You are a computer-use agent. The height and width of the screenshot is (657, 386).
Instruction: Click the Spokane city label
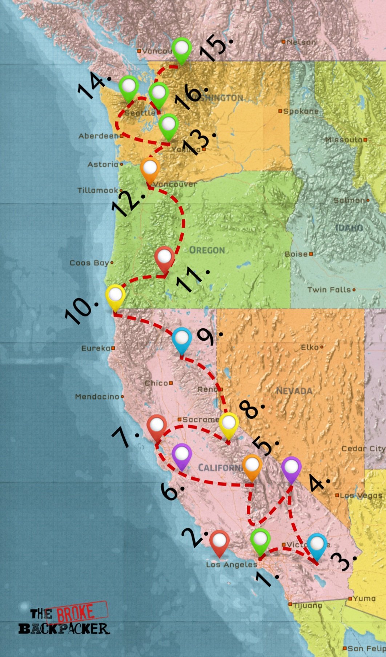pyautogui.click(x=301, y=111)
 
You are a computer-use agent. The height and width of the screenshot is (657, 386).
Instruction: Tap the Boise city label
pyautogui.click(x=296, y=254)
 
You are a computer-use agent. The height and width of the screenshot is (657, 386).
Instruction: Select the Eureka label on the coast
pyautogui.click(x=96, y=348)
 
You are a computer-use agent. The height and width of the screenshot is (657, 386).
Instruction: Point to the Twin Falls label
pyautogui.click(x=329, y=290)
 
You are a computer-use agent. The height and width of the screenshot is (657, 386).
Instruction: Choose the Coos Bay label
pyautogui.click(x=89, y=263)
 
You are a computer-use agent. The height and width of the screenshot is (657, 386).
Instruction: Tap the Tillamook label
pyautogui.click(x=98, y=190)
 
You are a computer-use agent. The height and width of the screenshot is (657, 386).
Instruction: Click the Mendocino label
pyautogui.click(x=97, y=397)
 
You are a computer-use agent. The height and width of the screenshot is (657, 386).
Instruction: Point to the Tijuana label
pyautogui.click(x=307, y=605)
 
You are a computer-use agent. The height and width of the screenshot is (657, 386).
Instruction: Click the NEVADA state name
pyautogui.click(x=294, y=391)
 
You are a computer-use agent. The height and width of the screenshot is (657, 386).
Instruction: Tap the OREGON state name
pyautogui.click(x=207, y=250)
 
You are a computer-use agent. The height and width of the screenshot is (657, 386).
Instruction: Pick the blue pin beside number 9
pyautogui.click(x=182, y=338)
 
